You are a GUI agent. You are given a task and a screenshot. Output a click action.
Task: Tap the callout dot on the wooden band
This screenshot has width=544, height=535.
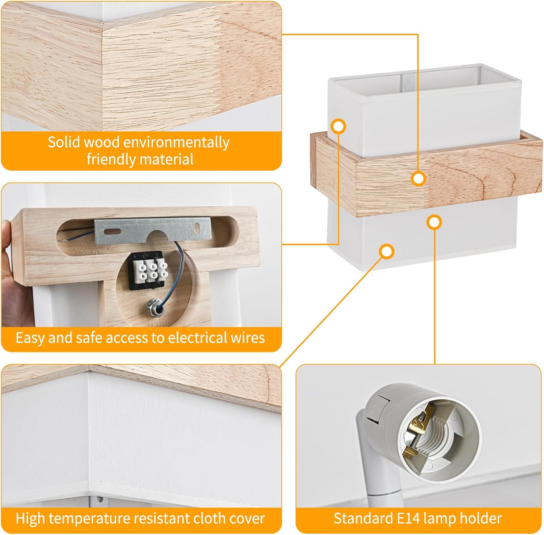(419, 178)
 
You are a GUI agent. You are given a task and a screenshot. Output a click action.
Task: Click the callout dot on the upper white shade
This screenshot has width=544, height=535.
(339, 126)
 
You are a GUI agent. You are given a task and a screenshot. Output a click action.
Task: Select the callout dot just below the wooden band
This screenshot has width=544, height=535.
(434, 222)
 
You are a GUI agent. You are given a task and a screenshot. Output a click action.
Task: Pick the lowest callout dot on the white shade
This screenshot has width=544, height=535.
(387, 251)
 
